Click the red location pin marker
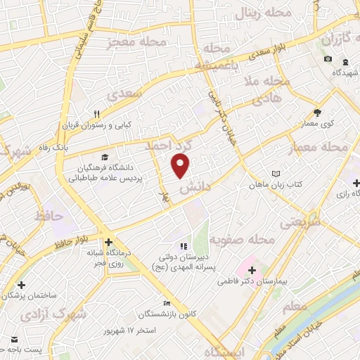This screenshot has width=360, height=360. pos(181,166)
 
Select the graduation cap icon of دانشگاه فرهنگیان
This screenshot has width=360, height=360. pos(105,157)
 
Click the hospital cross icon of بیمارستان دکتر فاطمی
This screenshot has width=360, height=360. pos(252,269)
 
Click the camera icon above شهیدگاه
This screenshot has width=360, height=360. pos(328,58)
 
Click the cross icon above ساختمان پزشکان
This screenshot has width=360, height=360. pos(22,285)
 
